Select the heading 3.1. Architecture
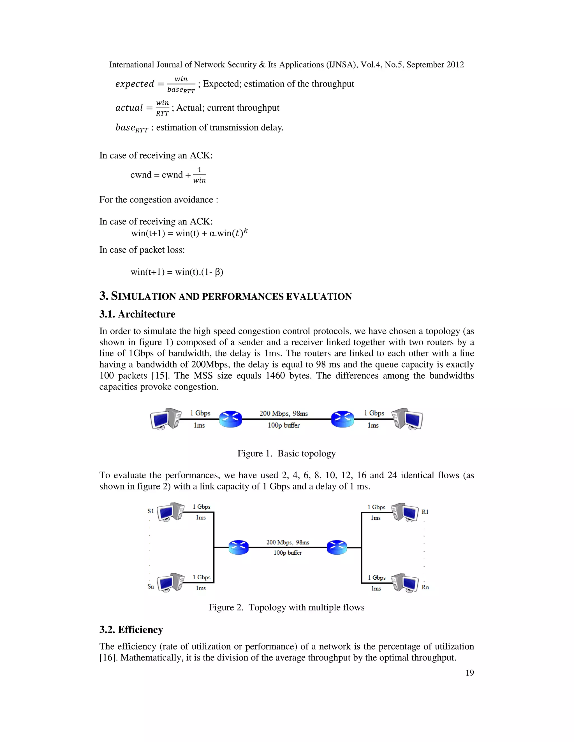coord(137,314)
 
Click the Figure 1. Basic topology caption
coord(286,453)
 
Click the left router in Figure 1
coord(231,419)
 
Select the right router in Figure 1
coord(342,419)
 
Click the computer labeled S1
coord(171,512)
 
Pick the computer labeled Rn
coord(405,583)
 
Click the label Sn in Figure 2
coord(151,586)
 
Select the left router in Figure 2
coord(239,547)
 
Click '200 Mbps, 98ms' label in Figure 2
coord(288,542)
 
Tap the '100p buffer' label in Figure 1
coord(284,425)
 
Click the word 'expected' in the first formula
coord(135,84)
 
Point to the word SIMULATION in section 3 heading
coord(143,296)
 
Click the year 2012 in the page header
coord(455,65)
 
